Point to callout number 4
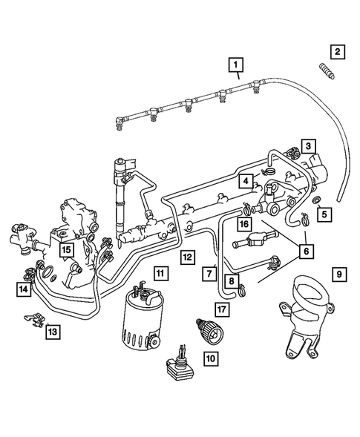[244, 180]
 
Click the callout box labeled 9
[337, 275]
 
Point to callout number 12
[187, 257]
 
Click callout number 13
[51, 331]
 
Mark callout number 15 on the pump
[67, 249]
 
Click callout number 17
[221, 309]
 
